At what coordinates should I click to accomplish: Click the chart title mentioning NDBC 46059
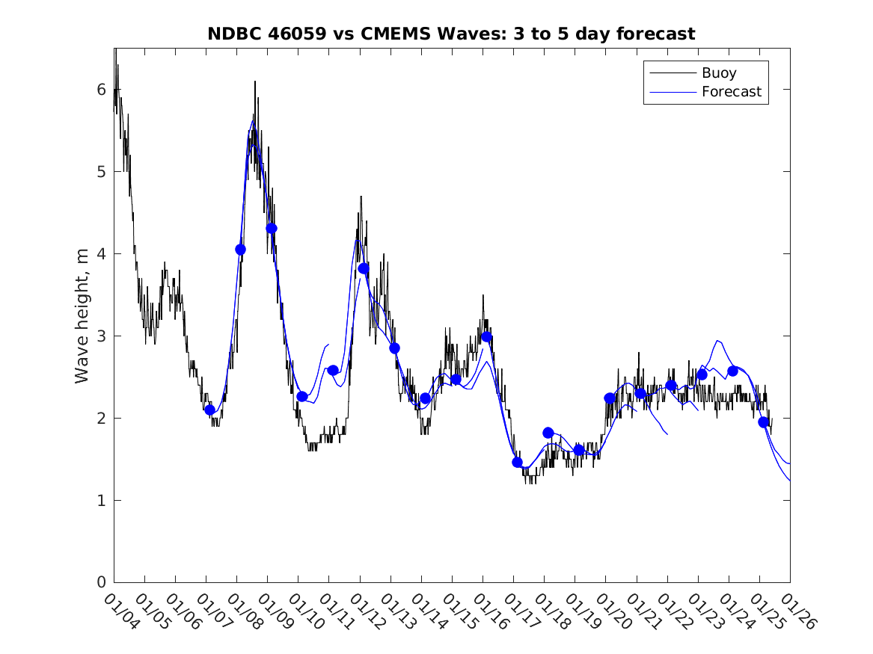point(451,34)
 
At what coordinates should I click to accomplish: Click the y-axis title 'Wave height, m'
point(82,315)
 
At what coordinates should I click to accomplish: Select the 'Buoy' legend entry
point(718,73)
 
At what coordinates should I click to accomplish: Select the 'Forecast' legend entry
point(731,92)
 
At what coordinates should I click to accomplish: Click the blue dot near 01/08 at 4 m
point(240,250)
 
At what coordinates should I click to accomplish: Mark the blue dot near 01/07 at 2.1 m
point(209,410)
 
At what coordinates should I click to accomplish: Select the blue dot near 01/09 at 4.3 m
point(272,228)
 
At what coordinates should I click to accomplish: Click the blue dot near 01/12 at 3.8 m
point(364,268)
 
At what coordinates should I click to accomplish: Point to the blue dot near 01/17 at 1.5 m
point(517,462)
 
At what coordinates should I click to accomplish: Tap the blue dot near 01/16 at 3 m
point(486,336)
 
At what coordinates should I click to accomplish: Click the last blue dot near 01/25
point(763,422)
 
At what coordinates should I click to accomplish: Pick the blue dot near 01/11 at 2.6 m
point(333,370)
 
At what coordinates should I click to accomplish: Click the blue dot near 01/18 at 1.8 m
point(548,433)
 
